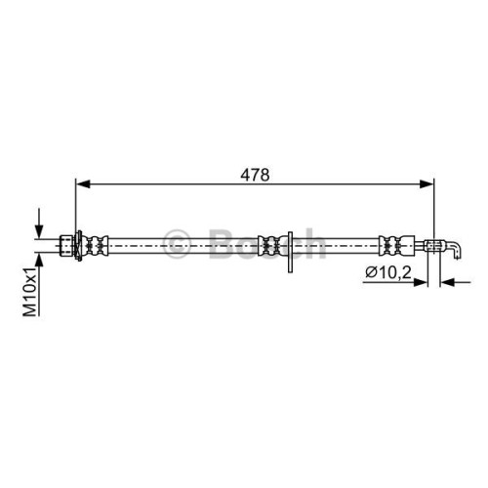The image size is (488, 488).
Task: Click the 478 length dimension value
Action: click(x=255, y=175)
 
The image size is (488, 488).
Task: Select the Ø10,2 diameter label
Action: click(x=388, y=272)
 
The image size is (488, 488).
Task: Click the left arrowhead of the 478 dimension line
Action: click(x=83, y=183)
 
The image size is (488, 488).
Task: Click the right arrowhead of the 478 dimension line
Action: click(x=427, y=183)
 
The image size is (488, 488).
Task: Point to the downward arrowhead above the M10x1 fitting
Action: click(x=39, y=232)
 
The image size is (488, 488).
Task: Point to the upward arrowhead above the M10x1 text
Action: click(x=39, y=260)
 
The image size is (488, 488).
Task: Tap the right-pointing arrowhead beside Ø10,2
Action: click(x=420, y=282)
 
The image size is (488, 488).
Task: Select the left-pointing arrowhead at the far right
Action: click(x=447, y=282)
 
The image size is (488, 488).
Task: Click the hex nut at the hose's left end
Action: click(x=66, y=245)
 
